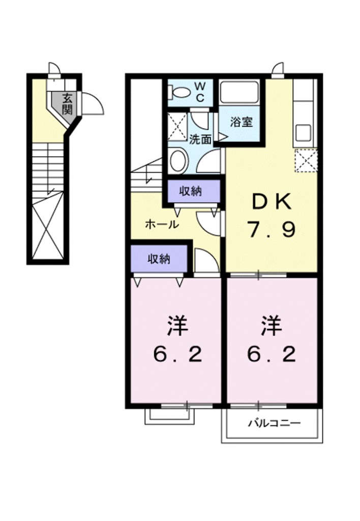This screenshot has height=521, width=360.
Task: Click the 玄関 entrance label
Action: [67, 103]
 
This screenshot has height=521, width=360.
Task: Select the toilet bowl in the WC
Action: [179, 93]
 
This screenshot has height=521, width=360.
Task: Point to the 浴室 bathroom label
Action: [238, 122]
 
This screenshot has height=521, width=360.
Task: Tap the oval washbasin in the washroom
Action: [178, 160]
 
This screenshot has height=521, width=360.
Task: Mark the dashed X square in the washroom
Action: [177, 126]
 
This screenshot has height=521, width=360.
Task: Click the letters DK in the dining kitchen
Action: [272, 203]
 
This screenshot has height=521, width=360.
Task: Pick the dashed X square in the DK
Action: [306, 160]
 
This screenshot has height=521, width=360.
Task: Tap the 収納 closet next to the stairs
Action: [191, 191]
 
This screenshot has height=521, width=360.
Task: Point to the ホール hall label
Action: [162, 224]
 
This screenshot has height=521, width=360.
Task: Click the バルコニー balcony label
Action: [275, 423]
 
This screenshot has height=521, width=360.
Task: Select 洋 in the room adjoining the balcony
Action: [272, 326]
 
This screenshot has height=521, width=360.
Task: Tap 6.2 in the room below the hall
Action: [178, 354]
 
